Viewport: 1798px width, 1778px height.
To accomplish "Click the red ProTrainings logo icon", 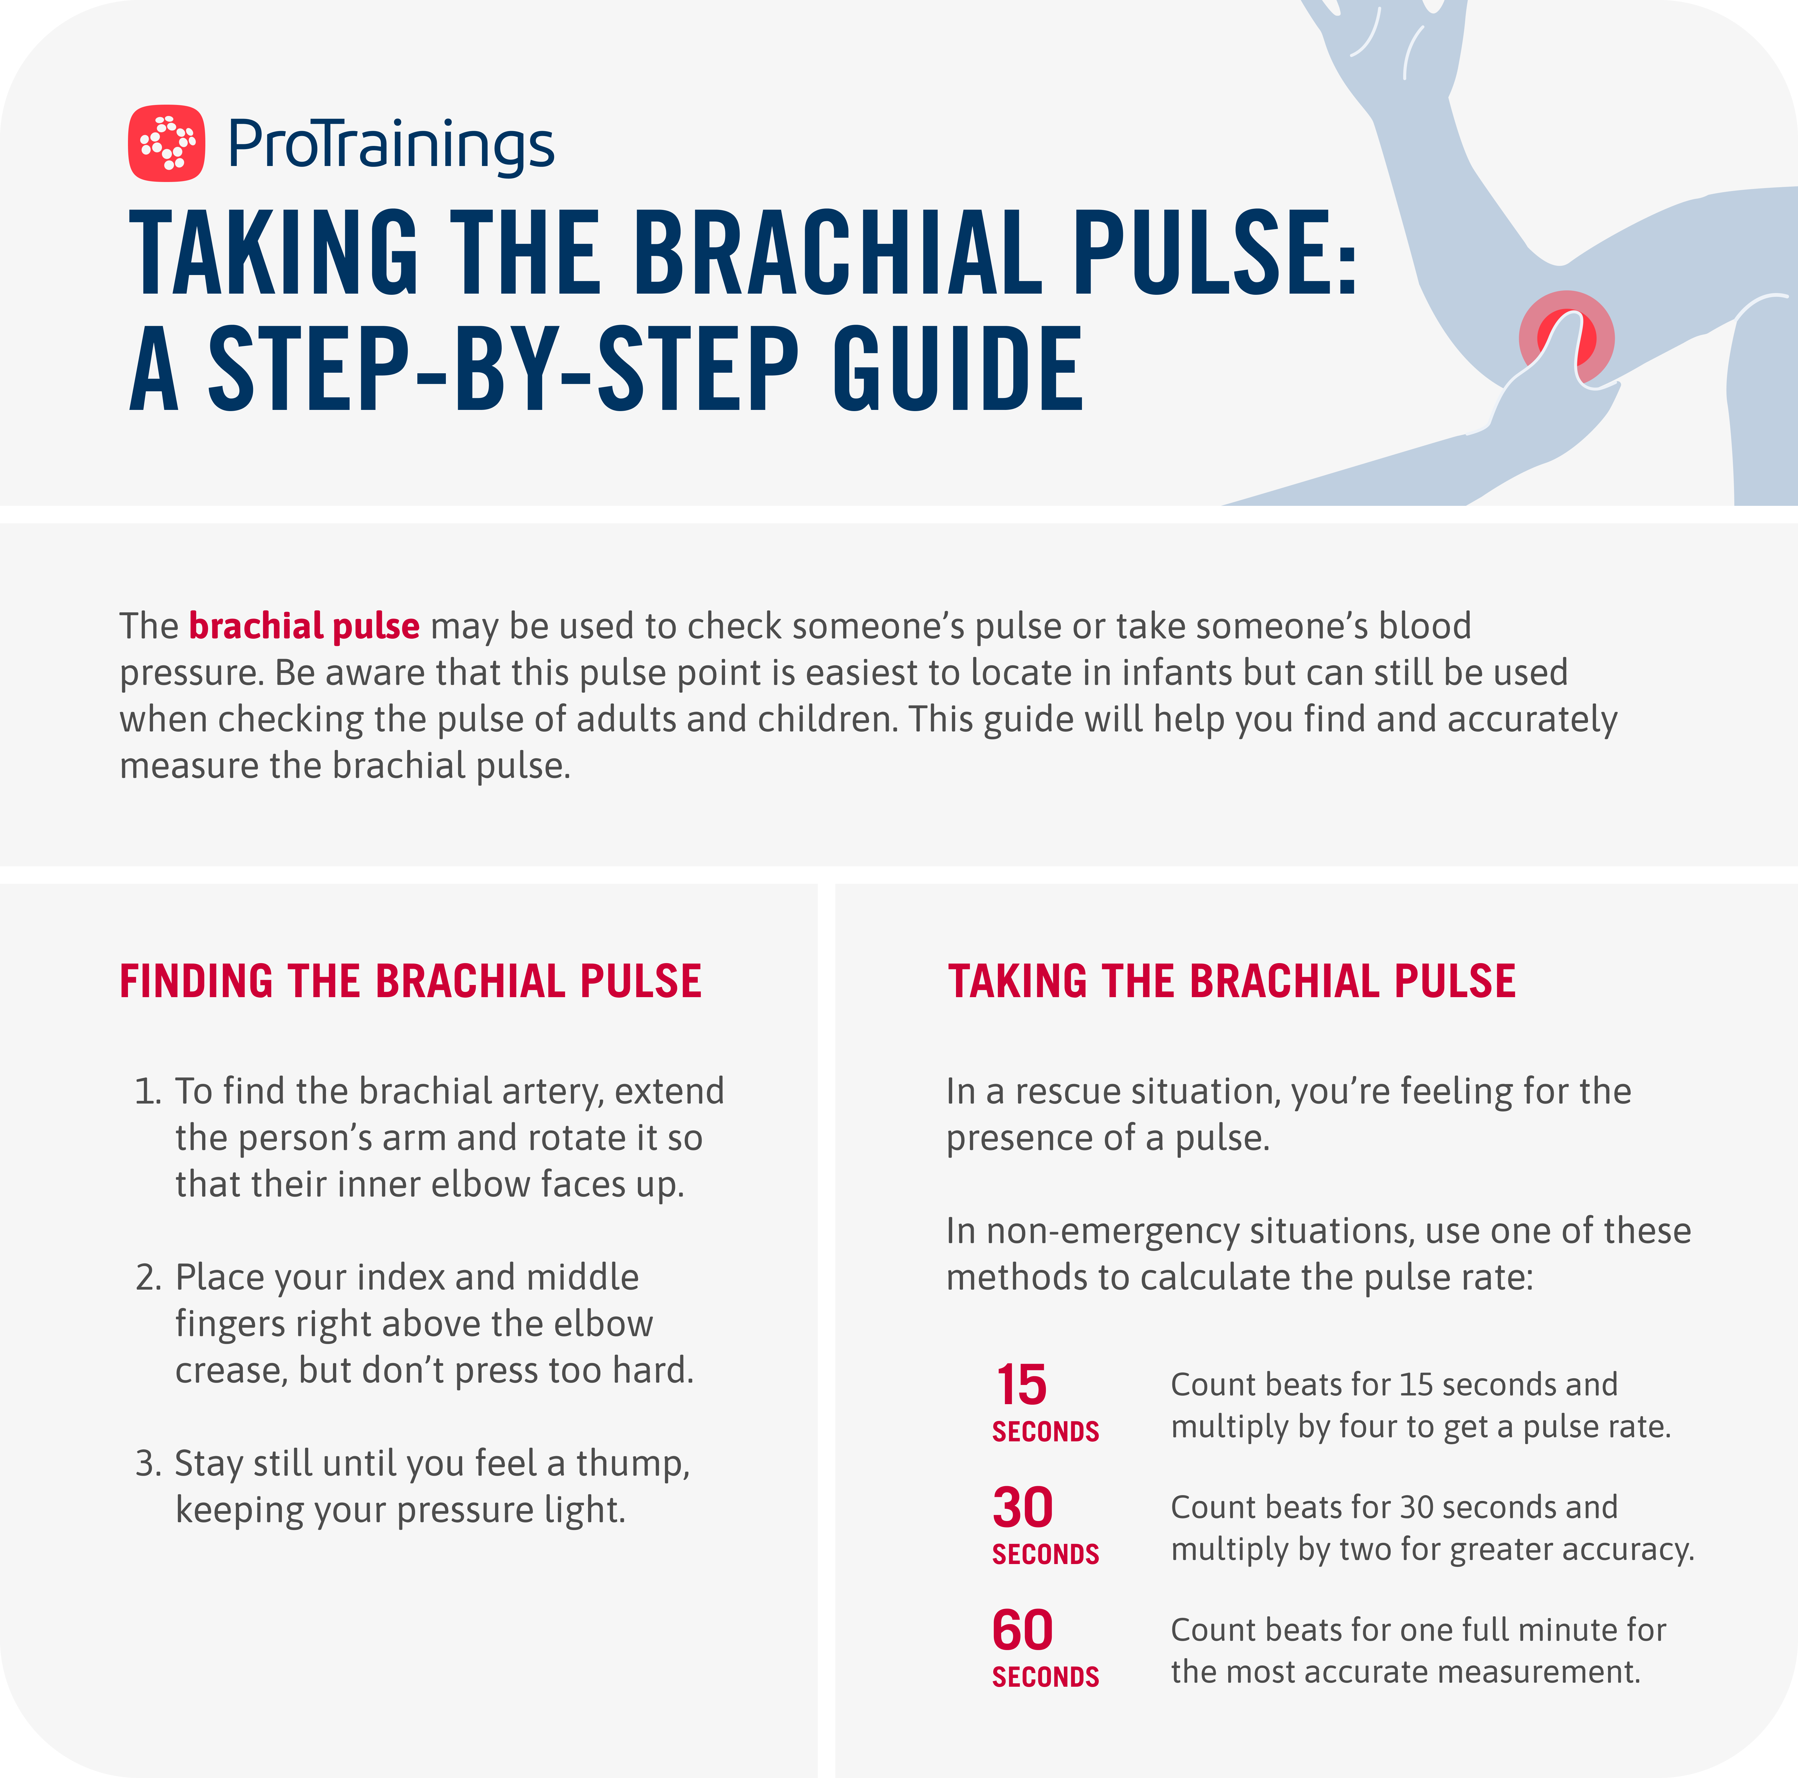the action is coord(167,142).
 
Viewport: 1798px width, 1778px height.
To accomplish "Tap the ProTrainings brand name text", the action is coord(391,146).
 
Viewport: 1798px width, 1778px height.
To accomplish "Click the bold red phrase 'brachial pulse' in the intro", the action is coord(304,626).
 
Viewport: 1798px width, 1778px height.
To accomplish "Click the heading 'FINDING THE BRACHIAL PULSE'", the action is coord(410,981).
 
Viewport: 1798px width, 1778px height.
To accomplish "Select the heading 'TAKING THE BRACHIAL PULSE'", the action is coord(1231,981).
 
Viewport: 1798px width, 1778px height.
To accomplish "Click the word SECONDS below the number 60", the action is coord(1045,1677).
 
